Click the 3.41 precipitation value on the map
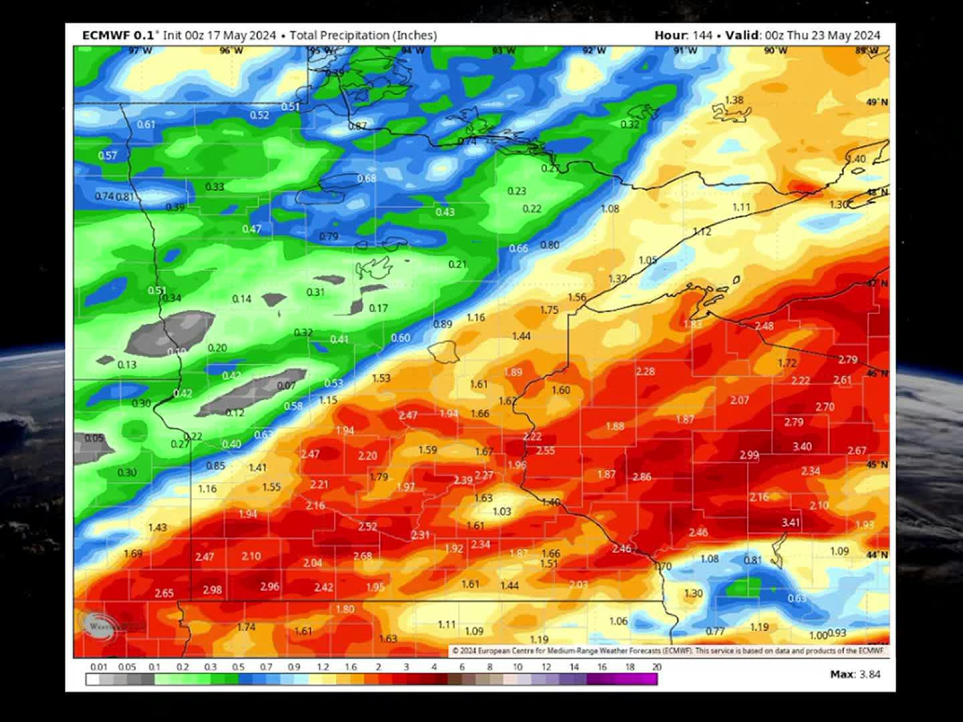tap(790, 522)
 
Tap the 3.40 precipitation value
tap(802, 447)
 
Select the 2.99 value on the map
tap(749, 455)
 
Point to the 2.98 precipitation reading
tap(212, 590)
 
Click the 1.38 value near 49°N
tap(734, 100)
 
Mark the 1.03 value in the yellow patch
tap(502, 511)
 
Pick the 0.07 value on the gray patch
tap(286, 386)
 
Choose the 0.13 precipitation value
tap(126, 364)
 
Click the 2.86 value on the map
tap(641, 477)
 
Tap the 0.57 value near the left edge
tap(107, 155)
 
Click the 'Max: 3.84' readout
tap(855, 674)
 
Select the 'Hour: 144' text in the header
tap(683, 35)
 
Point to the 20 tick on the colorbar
tap(656, 667)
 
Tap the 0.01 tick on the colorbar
tap(99, 667)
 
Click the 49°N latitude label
tap(877, 102)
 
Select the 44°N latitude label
tap(877, 555)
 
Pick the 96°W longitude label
tap(231, 51)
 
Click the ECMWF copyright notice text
tap(669, 650)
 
